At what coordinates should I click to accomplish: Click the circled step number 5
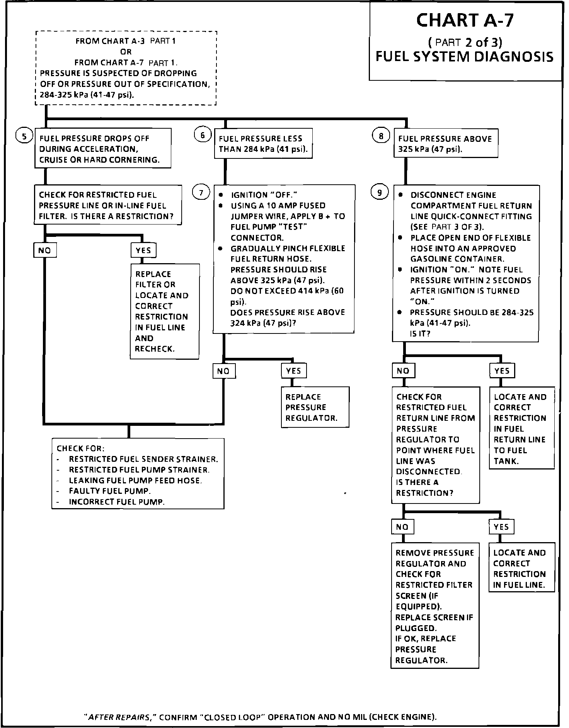(24, 136)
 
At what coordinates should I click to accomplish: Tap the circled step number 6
(202, 135)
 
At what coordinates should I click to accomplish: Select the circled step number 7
(201, 192)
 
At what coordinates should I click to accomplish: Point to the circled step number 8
(381, 136)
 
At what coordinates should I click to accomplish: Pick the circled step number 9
(380, 192)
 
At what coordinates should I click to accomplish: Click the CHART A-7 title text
(465, 20)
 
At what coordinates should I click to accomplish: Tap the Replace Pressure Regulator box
(315, 407)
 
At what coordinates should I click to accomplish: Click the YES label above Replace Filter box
(143, 250)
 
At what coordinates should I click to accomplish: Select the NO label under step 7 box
(223, 371)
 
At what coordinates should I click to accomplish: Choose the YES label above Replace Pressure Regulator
(293, 371)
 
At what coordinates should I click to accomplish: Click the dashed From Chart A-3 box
(126, 68)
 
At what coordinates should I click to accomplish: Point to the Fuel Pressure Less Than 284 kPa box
(263, 144)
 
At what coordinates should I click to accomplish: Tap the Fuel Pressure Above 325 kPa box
(446, 144)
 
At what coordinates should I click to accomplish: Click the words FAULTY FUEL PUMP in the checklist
(110, 491)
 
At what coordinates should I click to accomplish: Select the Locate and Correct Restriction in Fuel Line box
(521, 569)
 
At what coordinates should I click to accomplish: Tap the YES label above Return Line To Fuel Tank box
(502, 371)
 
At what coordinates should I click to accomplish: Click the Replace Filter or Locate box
(165, 311)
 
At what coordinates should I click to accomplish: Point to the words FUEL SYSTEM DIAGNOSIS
(465, 57)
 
